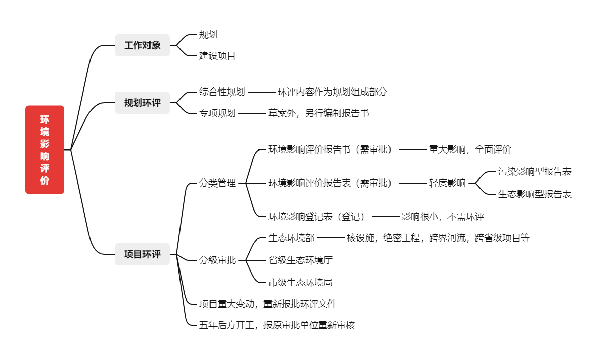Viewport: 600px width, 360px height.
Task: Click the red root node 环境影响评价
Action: (x=45, y=149)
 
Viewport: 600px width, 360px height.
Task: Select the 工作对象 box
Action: (x=142, y=45)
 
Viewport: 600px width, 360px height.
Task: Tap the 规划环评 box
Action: (x=142, y=103)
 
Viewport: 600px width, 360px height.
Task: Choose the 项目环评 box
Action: (x=142, y=254)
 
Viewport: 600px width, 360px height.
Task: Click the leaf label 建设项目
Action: (x=217, y=56)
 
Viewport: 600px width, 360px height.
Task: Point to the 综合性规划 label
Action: (x=222, y=92)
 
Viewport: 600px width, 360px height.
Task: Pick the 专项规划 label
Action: (x=217, y=113)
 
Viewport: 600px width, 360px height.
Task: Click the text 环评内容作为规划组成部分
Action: (x=332, y=92)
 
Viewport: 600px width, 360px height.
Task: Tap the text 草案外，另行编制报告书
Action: (x=318, y=113)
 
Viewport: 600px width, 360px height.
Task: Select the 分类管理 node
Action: (x=218, y=183)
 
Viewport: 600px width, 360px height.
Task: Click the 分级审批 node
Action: (x=218, y=260)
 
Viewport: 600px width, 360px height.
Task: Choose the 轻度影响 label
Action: (x=447, y=183)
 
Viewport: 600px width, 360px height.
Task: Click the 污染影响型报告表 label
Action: (x=534, y=172)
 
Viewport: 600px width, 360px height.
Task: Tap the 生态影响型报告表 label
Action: (x=534, y=194)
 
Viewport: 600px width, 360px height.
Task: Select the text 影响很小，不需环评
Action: (x=442, y=217)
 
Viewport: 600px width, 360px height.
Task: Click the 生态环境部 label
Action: (x=291, y=238)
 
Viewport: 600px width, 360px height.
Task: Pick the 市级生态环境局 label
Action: (x=300, y=282)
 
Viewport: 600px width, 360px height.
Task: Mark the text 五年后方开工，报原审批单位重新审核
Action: (x=277, y=325)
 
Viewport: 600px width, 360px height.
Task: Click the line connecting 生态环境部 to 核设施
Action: (x=331, y=238)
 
